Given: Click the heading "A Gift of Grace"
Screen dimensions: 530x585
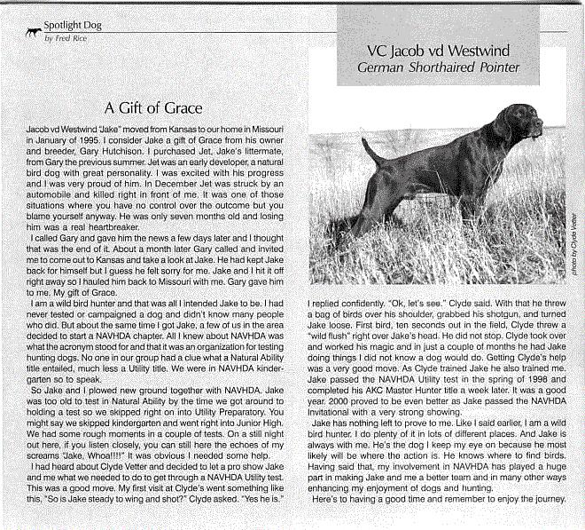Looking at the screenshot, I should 153,108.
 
